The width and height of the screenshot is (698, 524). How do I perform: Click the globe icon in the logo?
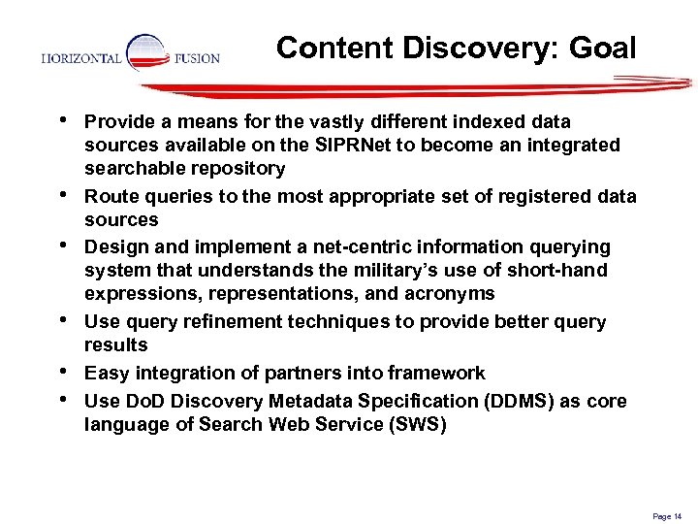point(146,54)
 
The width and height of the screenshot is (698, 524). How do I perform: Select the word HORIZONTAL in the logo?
point(81,58)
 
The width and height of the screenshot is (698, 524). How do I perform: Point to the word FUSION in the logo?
point(197,58)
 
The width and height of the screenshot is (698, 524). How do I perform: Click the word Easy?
point(106,373)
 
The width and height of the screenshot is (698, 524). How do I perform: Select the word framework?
point(437,373)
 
